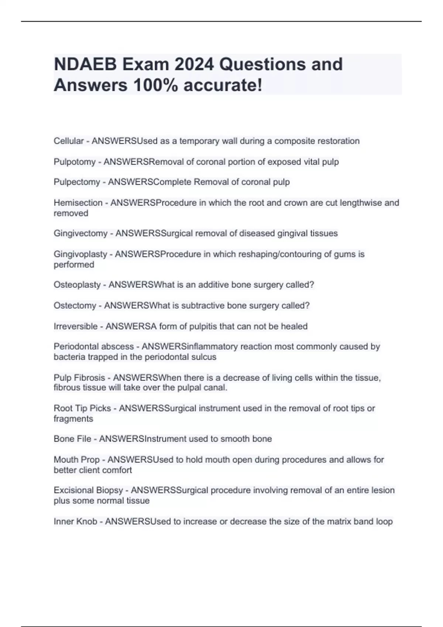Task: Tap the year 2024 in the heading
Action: [194, 65]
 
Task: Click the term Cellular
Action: [69, 141]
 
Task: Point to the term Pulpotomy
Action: [74, 162]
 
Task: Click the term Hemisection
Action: [78, 203]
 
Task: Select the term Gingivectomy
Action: [80, 233]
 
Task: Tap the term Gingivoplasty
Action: [80, 254]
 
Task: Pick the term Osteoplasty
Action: [77, 285]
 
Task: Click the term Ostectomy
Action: [75, 306]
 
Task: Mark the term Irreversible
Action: [75, 326]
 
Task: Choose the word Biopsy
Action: [109, 491]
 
